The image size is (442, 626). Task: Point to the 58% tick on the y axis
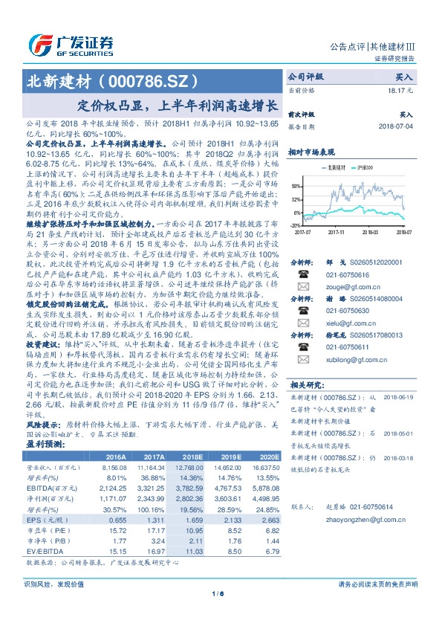(296, 187)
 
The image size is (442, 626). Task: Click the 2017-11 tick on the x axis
(338, 232)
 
